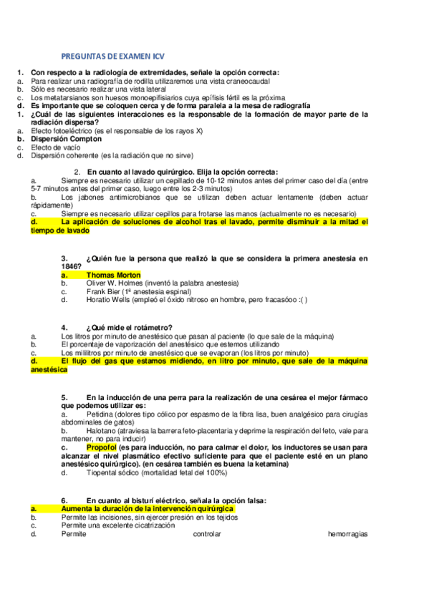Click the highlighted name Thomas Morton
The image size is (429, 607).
pyautogui.click(x=113, y=275)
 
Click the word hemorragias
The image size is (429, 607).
pyautogui.click(x=347, y=534)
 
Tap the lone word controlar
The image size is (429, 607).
pyautogui.click(x=208, y=534)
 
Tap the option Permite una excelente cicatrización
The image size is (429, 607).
pyautogui.click(x=118, y=525)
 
